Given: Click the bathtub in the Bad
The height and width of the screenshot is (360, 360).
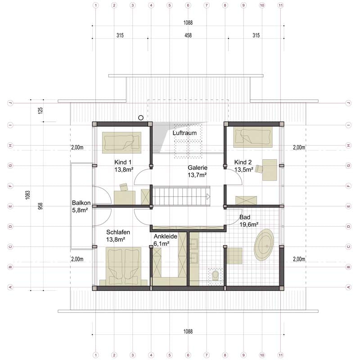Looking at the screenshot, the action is [x=264, y=244].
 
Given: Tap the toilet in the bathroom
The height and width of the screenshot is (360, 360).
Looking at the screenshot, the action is [x=216, y=275].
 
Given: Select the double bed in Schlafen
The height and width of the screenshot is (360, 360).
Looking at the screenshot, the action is [x=123, y=266].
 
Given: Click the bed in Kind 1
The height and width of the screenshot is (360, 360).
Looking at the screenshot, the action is [x=121, y=142].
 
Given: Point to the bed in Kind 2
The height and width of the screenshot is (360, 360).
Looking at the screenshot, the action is [x=253, y=137].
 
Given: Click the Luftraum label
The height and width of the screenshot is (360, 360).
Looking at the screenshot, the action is [x=184, y=133].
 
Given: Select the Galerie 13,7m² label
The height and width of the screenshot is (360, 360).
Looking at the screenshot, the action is [x=198, y=171].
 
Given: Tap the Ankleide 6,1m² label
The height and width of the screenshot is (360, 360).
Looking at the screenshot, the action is [x=165, y=240].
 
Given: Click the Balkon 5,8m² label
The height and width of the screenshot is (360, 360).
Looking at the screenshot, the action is [x=81, y=207].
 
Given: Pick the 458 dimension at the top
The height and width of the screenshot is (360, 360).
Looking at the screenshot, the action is [x=188, y=36].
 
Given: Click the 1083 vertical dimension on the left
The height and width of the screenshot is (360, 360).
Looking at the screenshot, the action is [x=28, y=195].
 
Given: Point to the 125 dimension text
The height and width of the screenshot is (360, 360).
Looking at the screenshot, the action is [x=40, y=111].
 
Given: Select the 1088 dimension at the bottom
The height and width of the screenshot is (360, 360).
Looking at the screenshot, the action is [x=188, y=331].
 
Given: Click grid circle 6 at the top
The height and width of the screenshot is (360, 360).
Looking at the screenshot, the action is [x=188, y=5].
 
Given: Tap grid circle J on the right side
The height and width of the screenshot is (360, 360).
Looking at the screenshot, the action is [x=348, y=103].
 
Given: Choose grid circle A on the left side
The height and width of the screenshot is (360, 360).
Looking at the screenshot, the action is [x=10, y=287].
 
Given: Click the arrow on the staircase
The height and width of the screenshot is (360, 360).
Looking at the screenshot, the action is [x=208, y=197].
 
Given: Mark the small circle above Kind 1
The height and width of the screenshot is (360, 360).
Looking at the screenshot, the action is [x=141, y=118].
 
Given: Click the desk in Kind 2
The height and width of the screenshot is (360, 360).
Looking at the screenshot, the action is [x=270, y=170].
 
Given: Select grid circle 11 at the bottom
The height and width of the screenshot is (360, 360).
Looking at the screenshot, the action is [x=280, y=355].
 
